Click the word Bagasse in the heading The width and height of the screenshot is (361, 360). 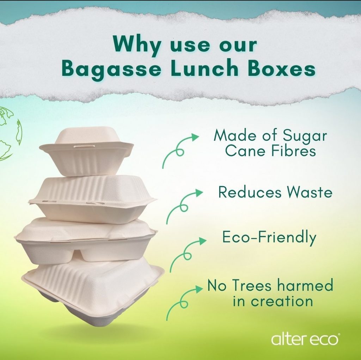coord(111,69)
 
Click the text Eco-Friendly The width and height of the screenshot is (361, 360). coord(269,238)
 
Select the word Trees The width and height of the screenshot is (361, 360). coord(252,285)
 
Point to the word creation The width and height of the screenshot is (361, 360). coord(282,301)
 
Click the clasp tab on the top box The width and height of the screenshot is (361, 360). coord(84,146)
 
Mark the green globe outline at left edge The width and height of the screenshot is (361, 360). coord(10,134)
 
